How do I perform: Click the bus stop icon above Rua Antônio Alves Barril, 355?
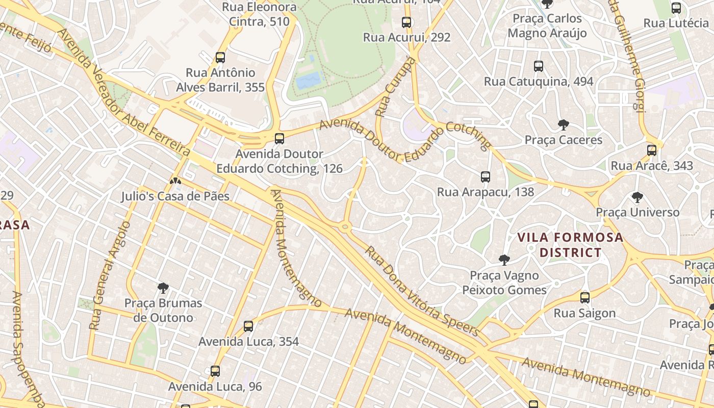pos(220,58)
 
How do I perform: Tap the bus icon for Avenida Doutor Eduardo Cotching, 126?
pos(279,138)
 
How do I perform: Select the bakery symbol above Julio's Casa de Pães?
pos(175,181)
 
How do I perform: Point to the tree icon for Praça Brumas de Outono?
pos(163,288)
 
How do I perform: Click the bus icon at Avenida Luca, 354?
pos(248,326)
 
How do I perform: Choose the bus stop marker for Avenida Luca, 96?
pos(215,371)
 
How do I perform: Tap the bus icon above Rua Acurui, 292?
pos(406,22)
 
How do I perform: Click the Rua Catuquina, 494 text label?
pos(539,82)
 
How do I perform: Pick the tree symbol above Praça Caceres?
pos(564,125)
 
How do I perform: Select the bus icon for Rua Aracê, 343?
pos(652,150)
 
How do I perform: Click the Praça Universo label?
pos(637,212)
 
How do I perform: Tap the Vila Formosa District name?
pos(570,245)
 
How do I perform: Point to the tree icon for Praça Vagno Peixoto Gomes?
pos(504,260)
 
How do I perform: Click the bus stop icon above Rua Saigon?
pos(585,298)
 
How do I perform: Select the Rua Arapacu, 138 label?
pos(485,192)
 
